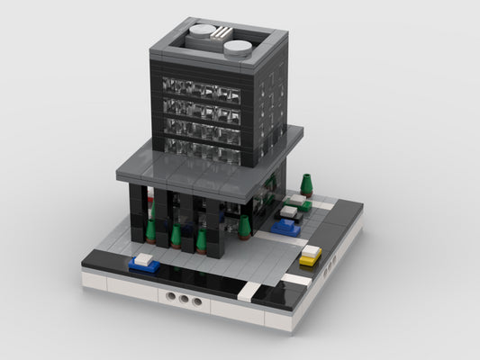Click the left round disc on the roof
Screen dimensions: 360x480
[201, 34]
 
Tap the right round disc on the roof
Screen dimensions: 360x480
[239, 47]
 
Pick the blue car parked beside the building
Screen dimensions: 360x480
[285, 226]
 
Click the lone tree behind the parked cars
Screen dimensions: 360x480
[307, 184]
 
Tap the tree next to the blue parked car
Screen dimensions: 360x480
[244, 228]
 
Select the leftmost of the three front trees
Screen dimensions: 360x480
[151, 231]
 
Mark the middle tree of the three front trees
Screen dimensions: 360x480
[176, 236]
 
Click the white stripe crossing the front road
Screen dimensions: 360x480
[249, 292]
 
